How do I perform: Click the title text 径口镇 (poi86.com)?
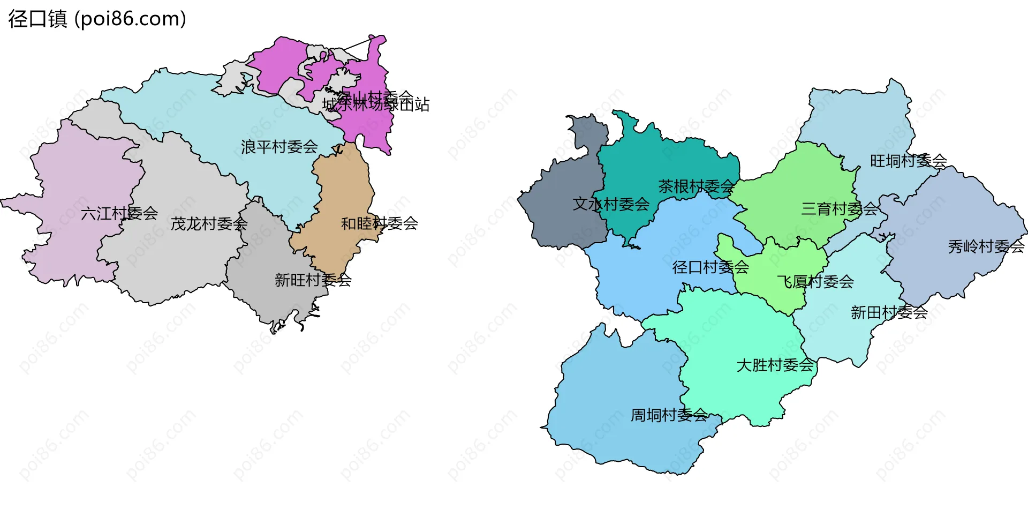tap(97, 19)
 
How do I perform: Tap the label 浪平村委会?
tap(279, 147)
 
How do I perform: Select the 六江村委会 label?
tap(119, 214)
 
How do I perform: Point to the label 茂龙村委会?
tap(209, 224)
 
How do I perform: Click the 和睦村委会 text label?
tap(379, 223)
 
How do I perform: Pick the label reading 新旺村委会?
tap(313, 280)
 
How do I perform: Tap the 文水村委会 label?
tap(611, 204)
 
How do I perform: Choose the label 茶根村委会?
tap(696, 186)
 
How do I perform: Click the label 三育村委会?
tap(839, 209)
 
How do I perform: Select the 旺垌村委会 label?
tap(908, 161)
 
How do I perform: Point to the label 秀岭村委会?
tap(986, 246)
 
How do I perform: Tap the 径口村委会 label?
tap(710, 267)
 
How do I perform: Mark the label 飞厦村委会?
tap(815, 281)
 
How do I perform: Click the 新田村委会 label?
tap(889, 312)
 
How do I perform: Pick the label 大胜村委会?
tap(775, 365)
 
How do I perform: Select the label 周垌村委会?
tap(669, 415)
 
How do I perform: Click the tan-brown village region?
tap(343, 187)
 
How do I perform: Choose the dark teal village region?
tap(642, 161)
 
